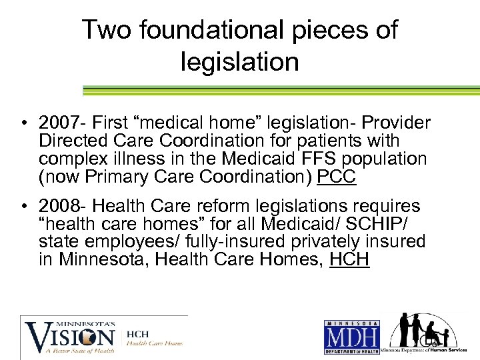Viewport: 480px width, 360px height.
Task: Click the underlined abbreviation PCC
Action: (337, 177)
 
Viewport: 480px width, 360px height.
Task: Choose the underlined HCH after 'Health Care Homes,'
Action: (349, 259)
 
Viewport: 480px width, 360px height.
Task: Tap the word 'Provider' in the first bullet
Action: (400, 124)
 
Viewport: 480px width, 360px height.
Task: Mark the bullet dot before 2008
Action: (23, 207)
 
